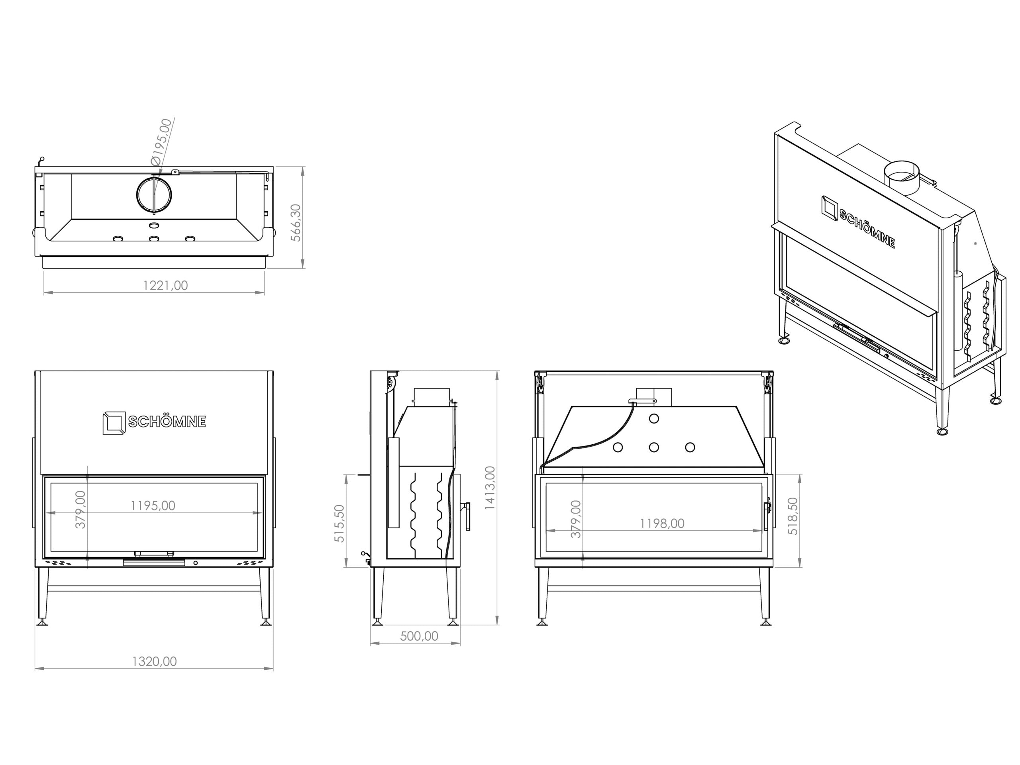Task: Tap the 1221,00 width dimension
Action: (x=165, y=285)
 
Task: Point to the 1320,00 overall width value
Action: (x=155, y=661)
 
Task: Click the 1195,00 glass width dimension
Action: (x=153, y=505)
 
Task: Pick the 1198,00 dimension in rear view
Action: (x=662, y=524)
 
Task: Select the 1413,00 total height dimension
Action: (x=490, y=488)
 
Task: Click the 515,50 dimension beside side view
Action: (x=339, y=524)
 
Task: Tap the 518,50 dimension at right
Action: (x=792, y=516)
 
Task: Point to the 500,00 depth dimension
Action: (x=419, y=636)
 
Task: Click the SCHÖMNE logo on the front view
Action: (x=154, y=422)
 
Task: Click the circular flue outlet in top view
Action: (x=154, y=194)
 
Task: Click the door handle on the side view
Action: (x=468, y=516)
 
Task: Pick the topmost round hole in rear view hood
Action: (x=654, y=419)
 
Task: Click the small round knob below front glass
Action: (x=196, y=563)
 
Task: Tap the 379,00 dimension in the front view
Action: (x=81, y=509)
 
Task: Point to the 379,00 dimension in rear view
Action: (x=576, y=519)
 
